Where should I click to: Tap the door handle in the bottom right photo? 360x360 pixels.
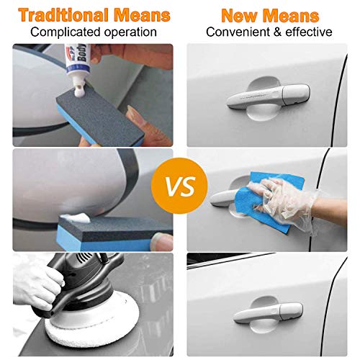[x=263, y=312]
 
